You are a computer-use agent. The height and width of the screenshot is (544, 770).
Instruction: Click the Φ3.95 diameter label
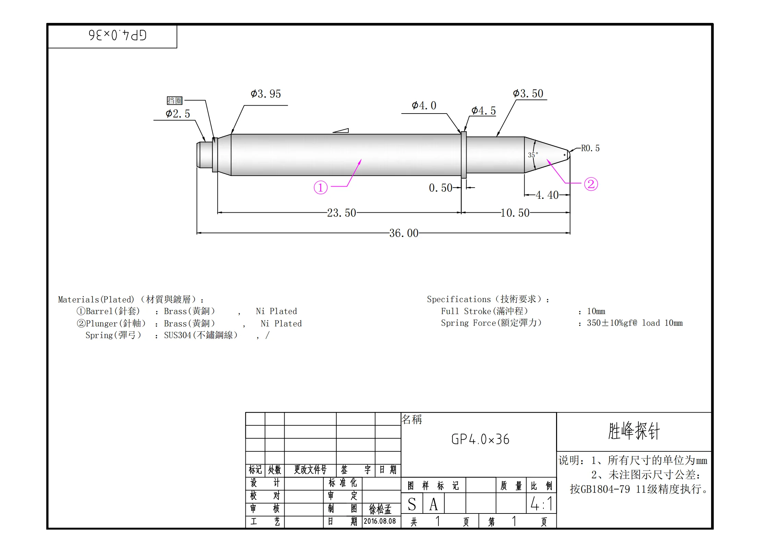(x=266, y=94)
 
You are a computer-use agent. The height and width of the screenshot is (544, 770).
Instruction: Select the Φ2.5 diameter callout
(x=178, y=114)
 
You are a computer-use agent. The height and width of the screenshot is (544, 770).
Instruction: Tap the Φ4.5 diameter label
(x=483, y=110)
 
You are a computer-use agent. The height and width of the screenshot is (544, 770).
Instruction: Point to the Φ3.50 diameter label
(x=528, y=93)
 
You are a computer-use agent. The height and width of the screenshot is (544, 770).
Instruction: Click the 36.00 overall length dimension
(x=404, y=233)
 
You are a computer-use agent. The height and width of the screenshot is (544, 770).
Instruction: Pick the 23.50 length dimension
(x=341, y=213)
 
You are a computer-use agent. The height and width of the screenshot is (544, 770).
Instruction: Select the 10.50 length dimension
(x=515, y=213)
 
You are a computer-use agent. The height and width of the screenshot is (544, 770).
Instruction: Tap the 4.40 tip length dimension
(x=547, y=195)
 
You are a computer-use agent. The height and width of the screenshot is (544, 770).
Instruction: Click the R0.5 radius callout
(x=590, y=148)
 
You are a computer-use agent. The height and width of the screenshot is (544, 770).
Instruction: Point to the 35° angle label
(x=533, y=155)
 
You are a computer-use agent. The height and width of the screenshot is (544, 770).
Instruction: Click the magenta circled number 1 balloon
(x=321, y=188)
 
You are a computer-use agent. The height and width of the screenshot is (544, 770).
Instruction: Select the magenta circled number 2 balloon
(x=591, y=184)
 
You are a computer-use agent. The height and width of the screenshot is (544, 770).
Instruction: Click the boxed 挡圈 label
(x=175, y=100)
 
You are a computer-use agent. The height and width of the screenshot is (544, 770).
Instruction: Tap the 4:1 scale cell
(x=541, y=504)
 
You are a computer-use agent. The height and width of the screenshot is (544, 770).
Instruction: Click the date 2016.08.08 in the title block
(x=380, y=521)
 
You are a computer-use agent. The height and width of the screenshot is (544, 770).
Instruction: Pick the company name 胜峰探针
(x=634, y=431)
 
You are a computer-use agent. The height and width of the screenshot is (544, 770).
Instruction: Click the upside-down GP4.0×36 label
(x=118, y=35)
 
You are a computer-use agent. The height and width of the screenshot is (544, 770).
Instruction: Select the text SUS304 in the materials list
(x=177, y=335)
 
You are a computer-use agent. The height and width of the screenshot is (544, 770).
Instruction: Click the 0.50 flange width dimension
(x=441, y=188)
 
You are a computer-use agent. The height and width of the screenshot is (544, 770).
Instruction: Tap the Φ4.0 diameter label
(x=424, y=105)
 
